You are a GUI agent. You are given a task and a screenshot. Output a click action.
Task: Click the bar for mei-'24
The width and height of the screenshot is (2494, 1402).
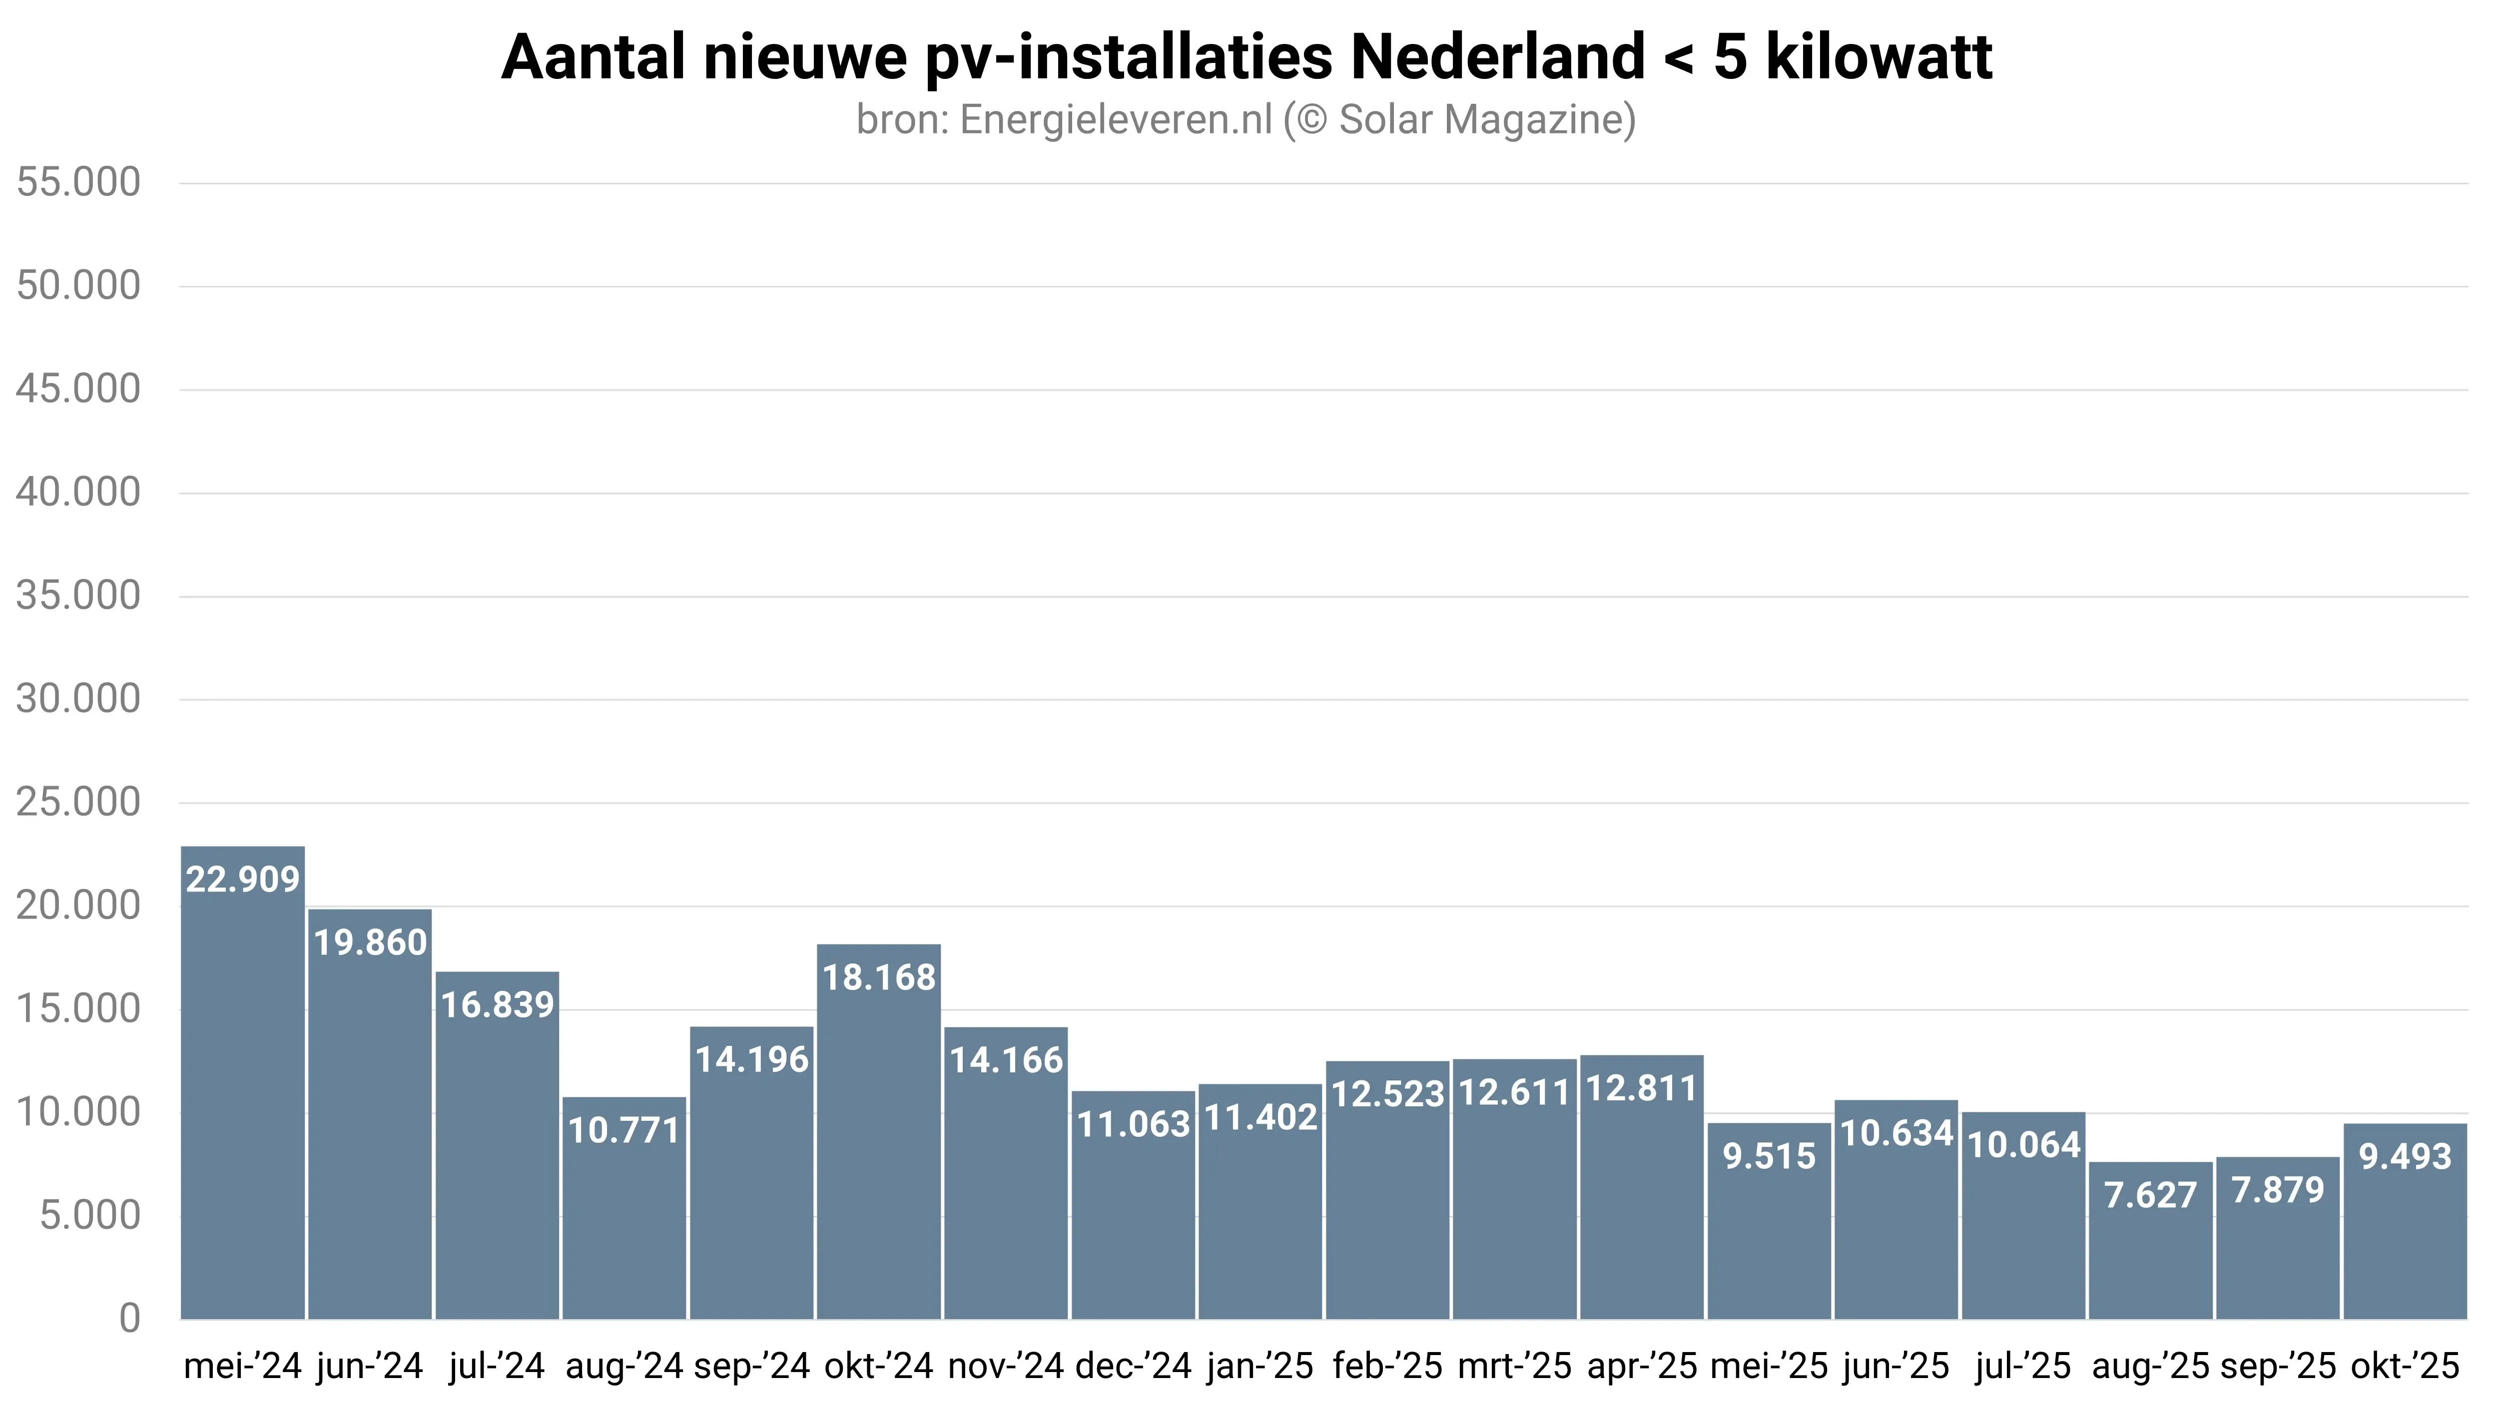point(243,1084)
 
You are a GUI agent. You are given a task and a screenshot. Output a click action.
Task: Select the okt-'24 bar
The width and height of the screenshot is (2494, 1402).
point(879,1133)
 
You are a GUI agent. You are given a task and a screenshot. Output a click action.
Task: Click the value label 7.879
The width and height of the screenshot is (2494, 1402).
point(2277,1190)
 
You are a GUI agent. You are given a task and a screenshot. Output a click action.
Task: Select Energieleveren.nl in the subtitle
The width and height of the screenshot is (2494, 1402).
point(1115,120)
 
